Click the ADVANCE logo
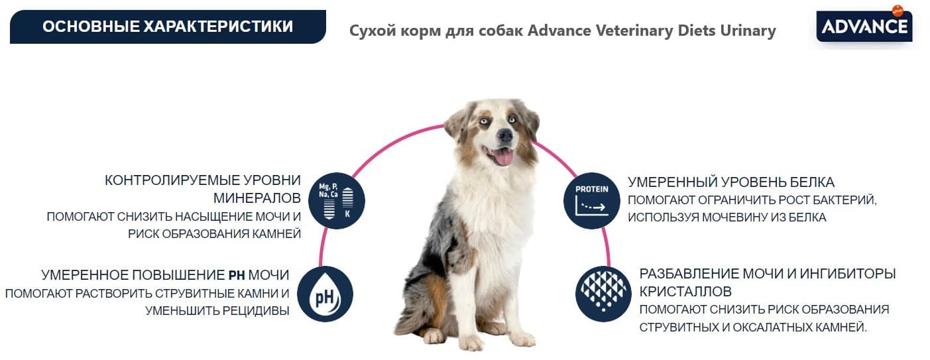864,27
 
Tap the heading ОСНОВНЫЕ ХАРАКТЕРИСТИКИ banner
167,27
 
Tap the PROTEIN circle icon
591,202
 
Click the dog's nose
505,136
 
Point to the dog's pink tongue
504,156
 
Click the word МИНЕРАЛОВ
257,198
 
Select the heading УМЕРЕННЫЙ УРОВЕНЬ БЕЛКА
731,182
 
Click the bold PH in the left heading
237,275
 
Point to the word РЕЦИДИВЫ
255,310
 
